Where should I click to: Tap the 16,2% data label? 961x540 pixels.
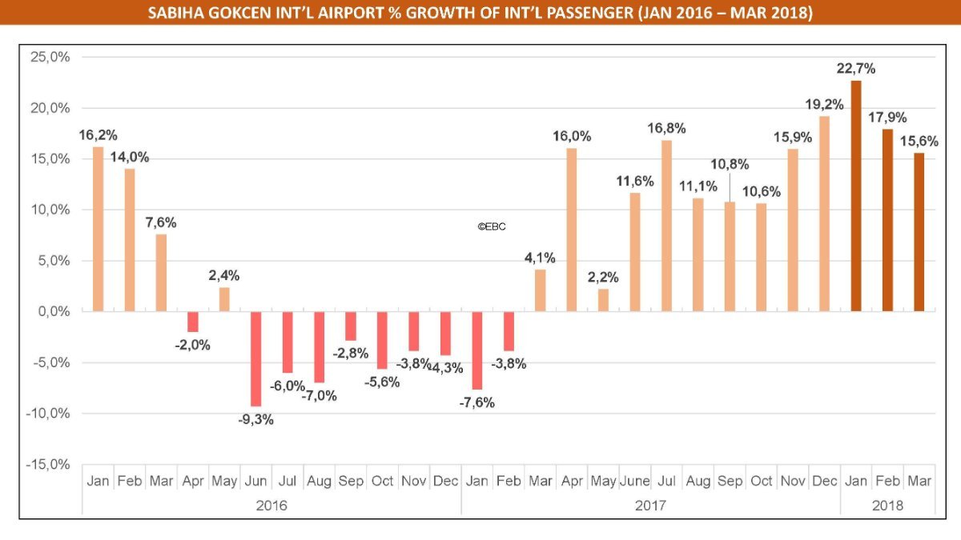(97, 134)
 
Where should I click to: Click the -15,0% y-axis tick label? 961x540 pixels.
(50, 465)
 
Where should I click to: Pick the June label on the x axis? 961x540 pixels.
(635, 482)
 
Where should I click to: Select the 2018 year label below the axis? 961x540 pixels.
(887, 506)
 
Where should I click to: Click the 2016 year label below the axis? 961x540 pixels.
(271, 506)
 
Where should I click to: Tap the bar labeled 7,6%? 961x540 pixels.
(161, 273)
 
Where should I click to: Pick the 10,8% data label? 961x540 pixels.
(730, 165)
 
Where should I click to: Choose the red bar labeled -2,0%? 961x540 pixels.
(193, 322)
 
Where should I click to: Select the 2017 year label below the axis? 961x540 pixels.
(650, 506)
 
